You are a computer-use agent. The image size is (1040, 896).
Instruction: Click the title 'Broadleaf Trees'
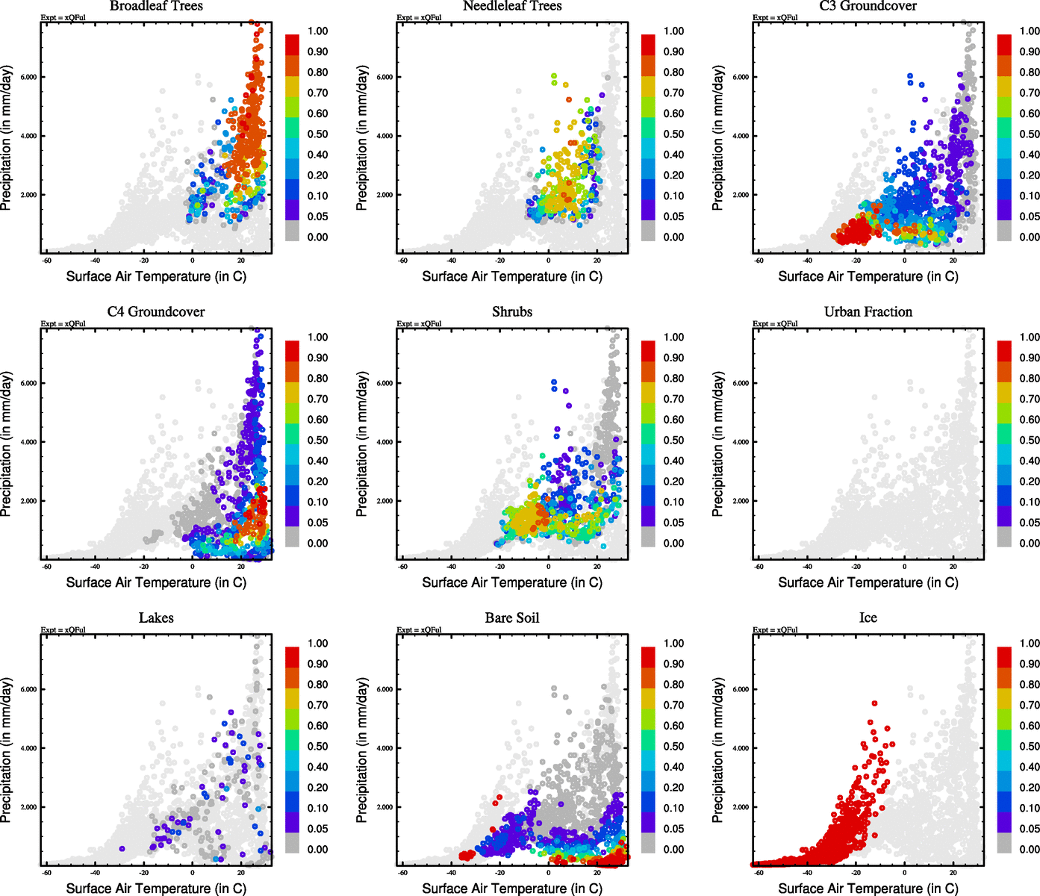click(156, 6)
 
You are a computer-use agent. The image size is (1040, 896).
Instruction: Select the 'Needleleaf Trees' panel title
click(511, 6)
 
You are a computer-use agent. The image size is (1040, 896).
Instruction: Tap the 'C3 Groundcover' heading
click(868, 6)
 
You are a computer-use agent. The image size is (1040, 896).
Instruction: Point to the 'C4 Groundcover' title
click(156, 312)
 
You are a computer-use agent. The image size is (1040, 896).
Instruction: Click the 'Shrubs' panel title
click(512, 312)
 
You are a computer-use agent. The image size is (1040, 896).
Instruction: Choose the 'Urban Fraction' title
click(868, 312)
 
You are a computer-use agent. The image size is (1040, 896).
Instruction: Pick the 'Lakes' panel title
click(156, 618)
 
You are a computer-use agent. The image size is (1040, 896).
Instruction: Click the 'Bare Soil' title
click(512, 618)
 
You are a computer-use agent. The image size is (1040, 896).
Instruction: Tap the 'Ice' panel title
click(868, 618)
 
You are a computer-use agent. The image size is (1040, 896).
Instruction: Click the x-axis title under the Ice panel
click(868, 889)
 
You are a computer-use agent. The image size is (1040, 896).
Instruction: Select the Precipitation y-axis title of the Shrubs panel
click(362, 444)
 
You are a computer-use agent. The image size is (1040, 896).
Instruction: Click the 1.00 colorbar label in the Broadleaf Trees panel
click(317, 31)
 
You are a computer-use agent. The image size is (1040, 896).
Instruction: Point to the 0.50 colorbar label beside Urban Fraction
click(1030, 441)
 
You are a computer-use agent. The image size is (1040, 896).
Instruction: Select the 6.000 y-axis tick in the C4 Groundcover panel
click(28, 383)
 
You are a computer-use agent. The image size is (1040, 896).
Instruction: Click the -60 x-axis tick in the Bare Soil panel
click(403, 873)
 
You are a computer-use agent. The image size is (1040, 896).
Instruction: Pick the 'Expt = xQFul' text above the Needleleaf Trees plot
click(419, 17)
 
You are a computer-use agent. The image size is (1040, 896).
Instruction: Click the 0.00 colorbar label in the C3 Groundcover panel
click(1030, 237)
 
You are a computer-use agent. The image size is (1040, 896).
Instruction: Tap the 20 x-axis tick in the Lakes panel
click(240, 873)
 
